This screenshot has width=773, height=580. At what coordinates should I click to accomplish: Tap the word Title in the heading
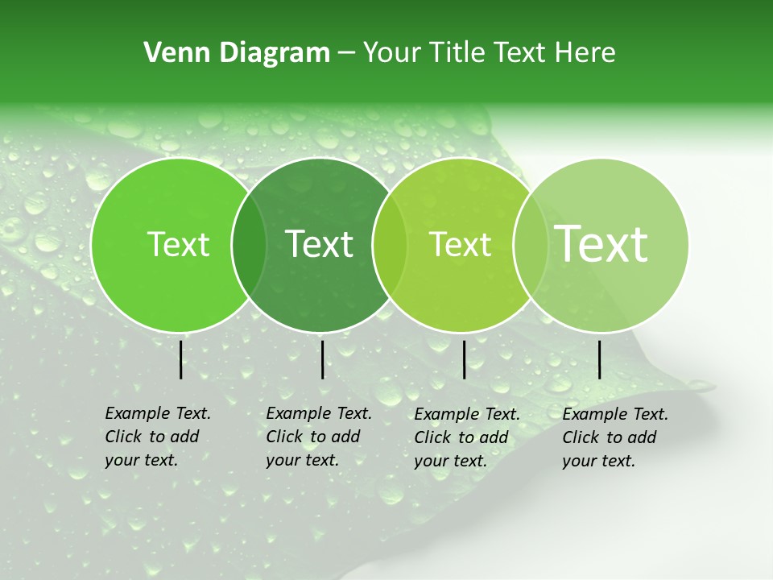coord(457,53)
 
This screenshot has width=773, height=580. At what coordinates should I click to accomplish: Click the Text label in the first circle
coord(179,245)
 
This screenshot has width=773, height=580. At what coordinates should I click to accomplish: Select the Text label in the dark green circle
coord(320,244)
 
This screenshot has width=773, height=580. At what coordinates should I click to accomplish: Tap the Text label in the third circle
coord(460,245)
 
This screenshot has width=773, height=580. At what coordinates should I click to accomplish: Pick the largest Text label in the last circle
coord(601,243)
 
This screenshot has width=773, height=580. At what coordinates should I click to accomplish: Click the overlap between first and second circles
coord(249,245)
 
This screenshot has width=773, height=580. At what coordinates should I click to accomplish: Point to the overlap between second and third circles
coord(390,245)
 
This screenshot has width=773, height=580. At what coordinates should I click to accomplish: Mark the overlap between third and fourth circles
coord(530,245)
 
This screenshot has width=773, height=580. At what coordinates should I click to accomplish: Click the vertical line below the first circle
coord(181,359)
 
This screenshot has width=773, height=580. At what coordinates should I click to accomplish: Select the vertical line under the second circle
coord(322,359)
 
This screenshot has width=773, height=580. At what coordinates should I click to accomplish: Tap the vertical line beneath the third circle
coord(464,359)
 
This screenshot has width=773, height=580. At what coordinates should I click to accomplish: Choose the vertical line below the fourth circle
coord(600,359)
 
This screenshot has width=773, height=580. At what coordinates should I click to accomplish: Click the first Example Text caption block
coord(157,437)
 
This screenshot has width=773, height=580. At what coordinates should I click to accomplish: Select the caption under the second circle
coord(318,437)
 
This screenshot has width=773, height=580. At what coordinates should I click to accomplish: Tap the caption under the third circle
coord(466,437)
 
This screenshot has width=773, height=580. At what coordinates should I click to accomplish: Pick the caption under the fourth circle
coord(614,437)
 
